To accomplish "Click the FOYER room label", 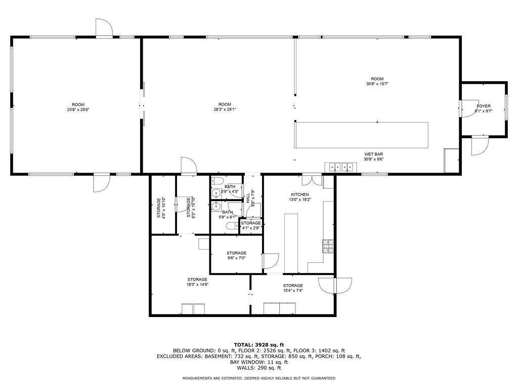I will [483, 106].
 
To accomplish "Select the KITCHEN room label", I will [299, 194].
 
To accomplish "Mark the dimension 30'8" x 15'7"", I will [377, 84].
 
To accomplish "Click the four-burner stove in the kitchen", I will [328, 246].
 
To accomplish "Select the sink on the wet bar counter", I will [340, 166].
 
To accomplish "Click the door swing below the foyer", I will [479, 146].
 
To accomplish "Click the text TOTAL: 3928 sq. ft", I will [258, 344].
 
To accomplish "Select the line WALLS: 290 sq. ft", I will [258, 368].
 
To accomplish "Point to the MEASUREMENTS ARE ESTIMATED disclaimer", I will [258, 378].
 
